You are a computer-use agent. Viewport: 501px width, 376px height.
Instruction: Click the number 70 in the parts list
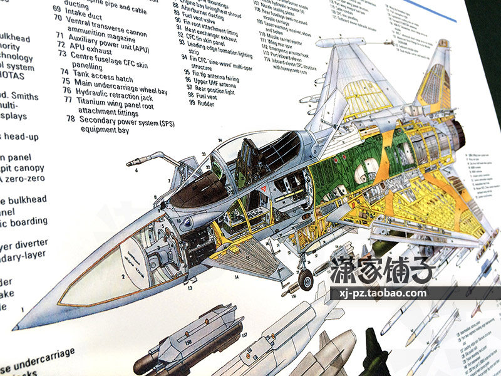tap(57, 18)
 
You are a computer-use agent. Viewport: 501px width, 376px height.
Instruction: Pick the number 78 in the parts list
tap(70, 119)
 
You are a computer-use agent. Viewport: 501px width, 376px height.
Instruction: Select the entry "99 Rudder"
tap(200, 103)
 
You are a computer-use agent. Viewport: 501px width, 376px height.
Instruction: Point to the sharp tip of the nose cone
tap(16, 327)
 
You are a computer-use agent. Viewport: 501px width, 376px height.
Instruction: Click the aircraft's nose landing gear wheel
tap(306, 280)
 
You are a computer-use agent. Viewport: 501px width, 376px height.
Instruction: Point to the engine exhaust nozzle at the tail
tap(458, 129)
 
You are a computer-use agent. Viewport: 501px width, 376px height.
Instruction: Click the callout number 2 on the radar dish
tap(123, 275)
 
